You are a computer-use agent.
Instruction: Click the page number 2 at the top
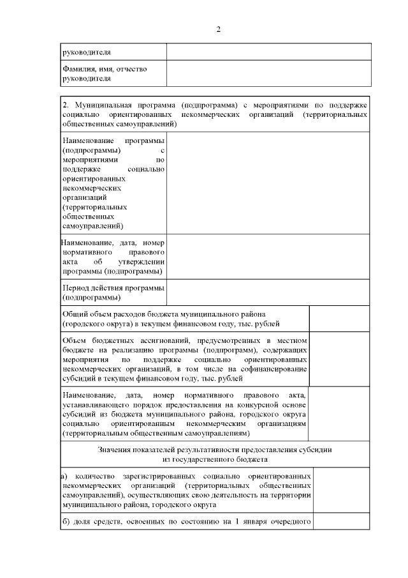pos(218,29)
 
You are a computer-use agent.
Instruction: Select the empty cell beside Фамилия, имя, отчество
pos(268,73)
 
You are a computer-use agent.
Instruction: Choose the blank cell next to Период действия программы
pos(268,293)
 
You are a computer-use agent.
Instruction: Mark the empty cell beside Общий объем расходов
pos(339,318)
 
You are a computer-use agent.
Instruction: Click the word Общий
pos(75,314)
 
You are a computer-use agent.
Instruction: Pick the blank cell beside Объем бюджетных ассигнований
pos(339,358)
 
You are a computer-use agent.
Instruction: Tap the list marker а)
pos(64,476)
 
